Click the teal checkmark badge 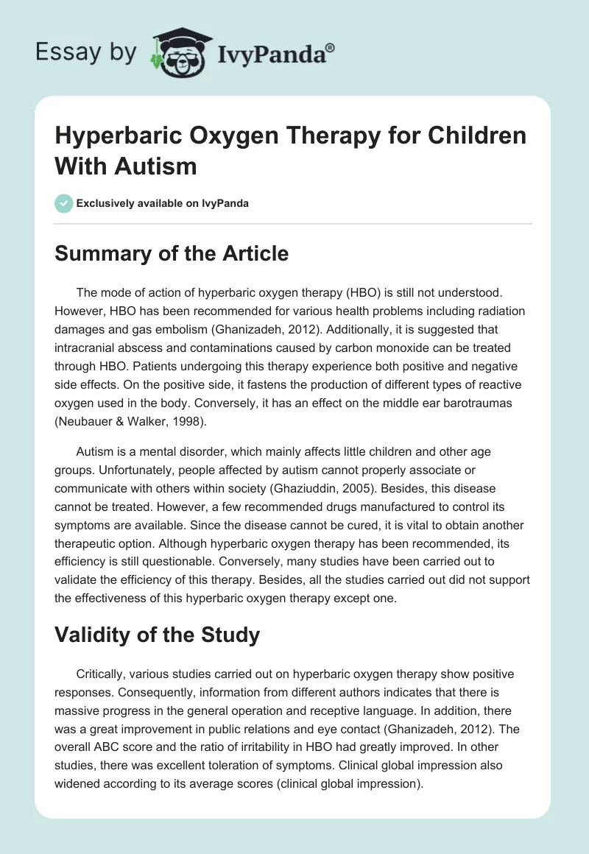[63, 203]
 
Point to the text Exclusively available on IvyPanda [162, 203]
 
